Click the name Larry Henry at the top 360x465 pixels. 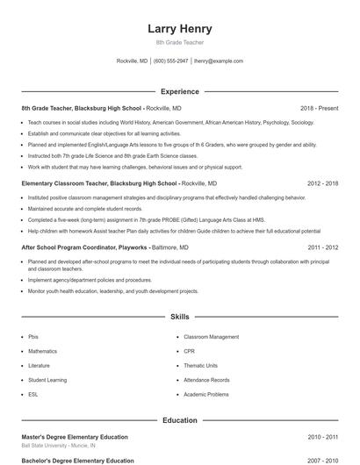(179, 29)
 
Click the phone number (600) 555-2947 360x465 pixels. (170, 61)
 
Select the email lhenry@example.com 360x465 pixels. (218, 61)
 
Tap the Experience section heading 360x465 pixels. (179, 91)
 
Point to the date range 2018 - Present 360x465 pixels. (318, 109)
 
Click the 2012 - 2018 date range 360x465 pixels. (322, 183)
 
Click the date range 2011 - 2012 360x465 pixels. (322, 247)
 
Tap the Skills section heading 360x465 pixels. (179, 316)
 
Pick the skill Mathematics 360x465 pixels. (43, 351)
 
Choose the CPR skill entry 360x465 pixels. (190, 351)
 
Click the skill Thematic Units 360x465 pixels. (199, 365)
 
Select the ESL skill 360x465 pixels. (33, 394)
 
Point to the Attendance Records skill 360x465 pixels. (206, 380)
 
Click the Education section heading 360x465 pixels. (179, 420)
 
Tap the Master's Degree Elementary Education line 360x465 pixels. (75, 436)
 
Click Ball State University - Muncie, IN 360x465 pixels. (59, 446)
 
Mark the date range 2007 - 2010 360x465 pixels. (322, 460)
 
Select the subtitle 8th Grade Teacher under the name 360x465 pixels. (179, 43)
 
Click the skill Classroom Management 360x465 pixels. (211, 337)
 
